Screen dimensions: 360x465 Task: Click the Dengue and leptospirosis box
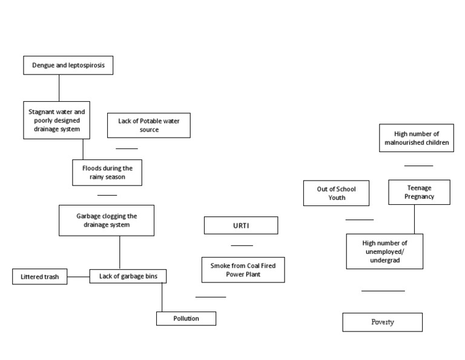68,65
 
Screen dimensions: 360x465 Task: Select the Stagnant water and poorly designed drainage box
57,120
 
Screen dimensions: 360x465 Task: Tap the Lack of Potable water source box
148,125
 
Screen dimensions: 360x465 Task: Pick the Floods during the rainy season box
107,172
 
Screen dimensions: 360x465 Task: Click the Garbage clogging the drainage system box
107,220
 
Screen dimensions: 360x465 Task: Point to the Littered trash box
39,277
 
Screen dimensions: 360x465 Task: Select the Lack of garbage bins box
128,276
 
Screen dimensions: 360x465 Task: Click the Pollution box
186,318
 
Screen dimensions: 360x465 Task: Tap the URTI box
241,225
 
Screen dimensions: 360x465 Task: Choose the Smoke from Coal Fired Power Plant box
239,270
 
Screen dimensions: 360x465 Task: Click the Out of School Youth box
336,193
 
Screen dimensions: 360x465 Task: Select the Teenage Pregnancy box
419,192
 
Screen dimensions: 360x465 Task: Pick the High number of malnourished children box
417,138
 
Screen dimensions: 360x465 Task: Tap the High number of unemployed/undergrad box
384,252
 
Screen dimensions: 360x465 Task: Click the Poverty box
382,322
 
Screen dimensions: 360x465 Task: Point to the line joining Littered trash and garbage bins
79,277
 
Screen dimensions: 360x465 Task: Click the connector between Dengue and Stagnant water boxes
59,88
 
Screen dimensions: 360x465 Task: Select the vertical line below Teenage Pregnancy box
415,219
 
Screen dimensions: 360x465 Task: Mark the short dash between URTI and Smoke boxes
242,245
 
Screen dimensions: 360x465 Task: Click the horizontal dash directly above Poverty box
383,291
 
